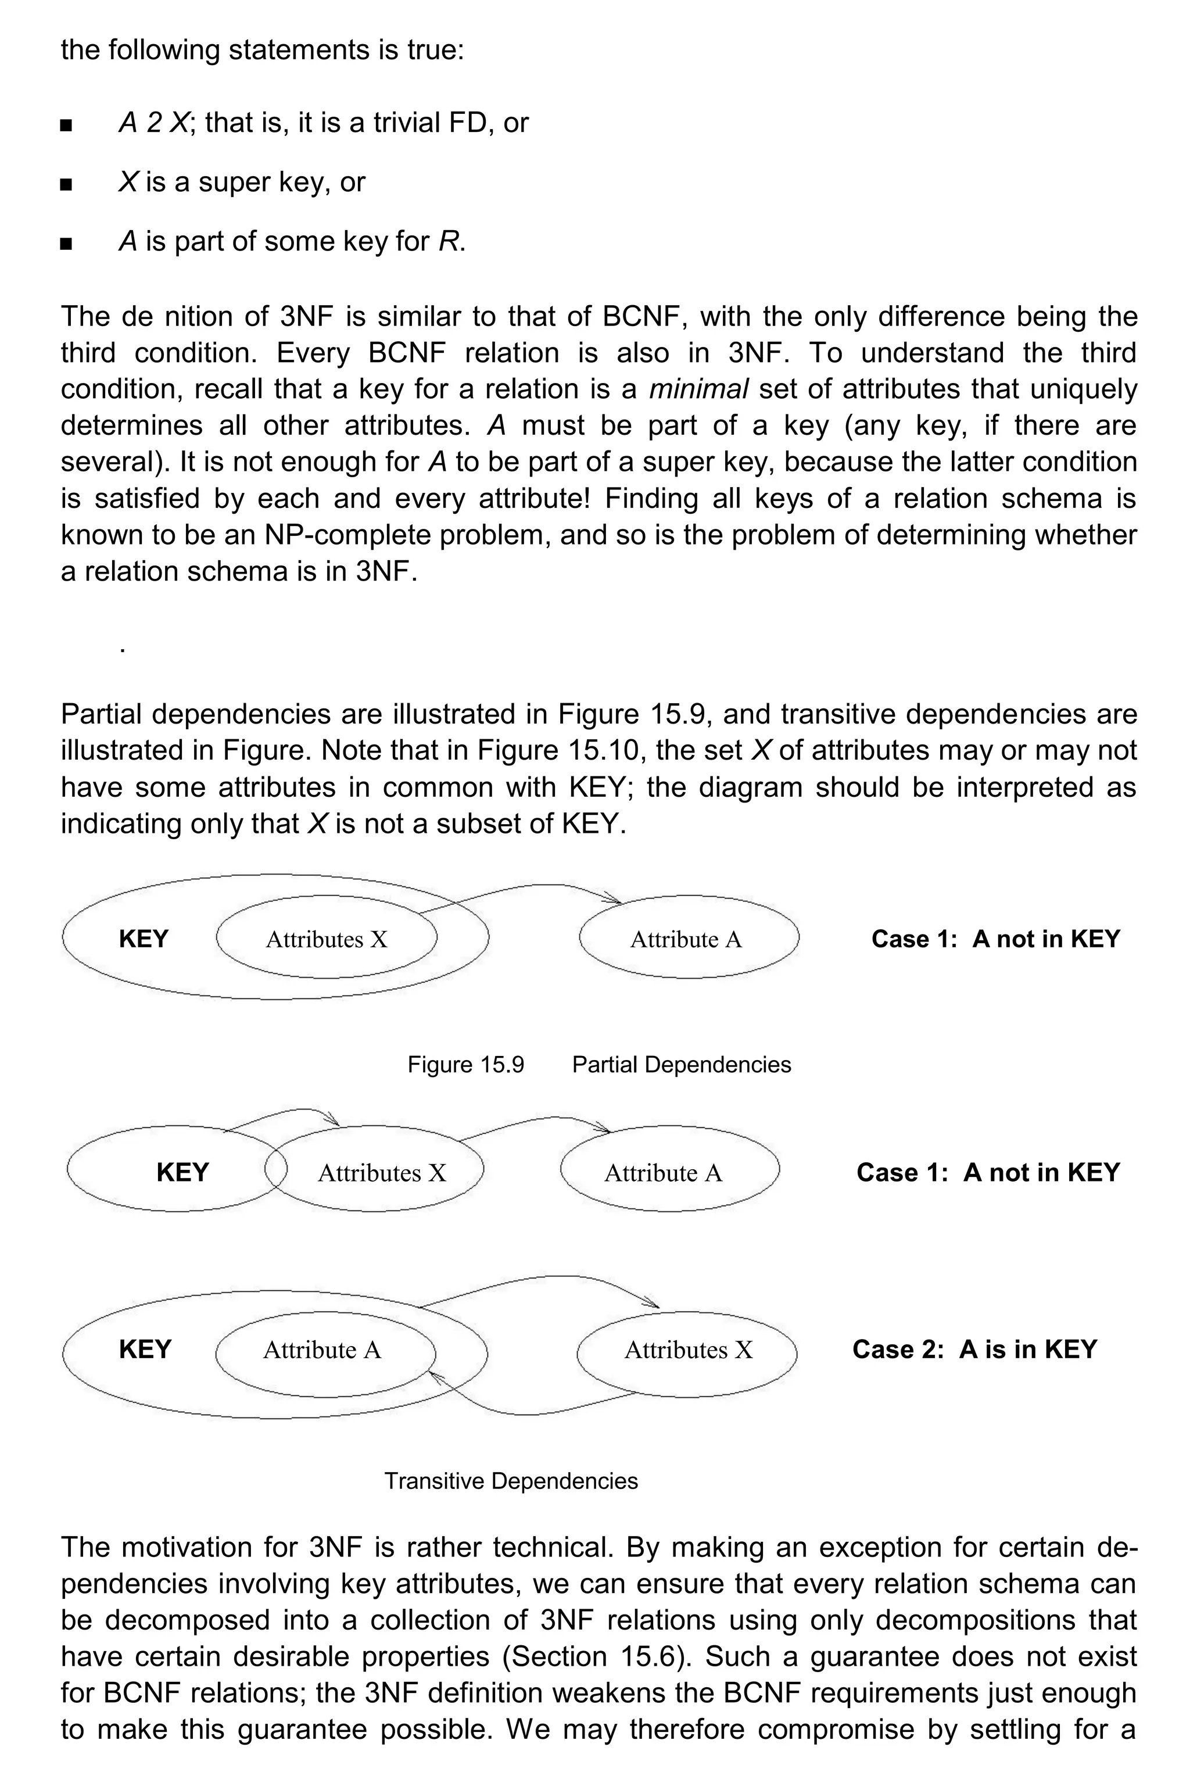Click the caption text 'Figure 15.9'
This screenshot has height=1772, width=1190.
[x=465, y=1065]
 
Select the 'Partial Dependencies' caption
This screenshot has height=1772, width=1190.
[x=681, y=1065]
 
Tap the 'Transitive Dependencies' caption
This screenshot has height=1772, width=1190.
[x=511, y=1481]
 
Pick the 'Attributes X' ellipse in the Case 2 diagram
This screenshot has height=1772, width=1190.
[x=687, y=1349]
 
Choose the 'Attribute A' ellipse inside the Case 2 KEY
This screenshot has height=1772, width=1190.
[x=322, y=1349]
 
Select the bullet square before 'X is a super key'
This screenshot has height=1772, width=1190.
[x=66, y=184]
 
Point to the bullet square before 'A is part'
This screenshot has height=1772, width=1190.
[x=66, y=243]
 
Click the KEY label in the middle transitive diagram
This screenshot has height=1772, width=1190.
[x=182, y=1172]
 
